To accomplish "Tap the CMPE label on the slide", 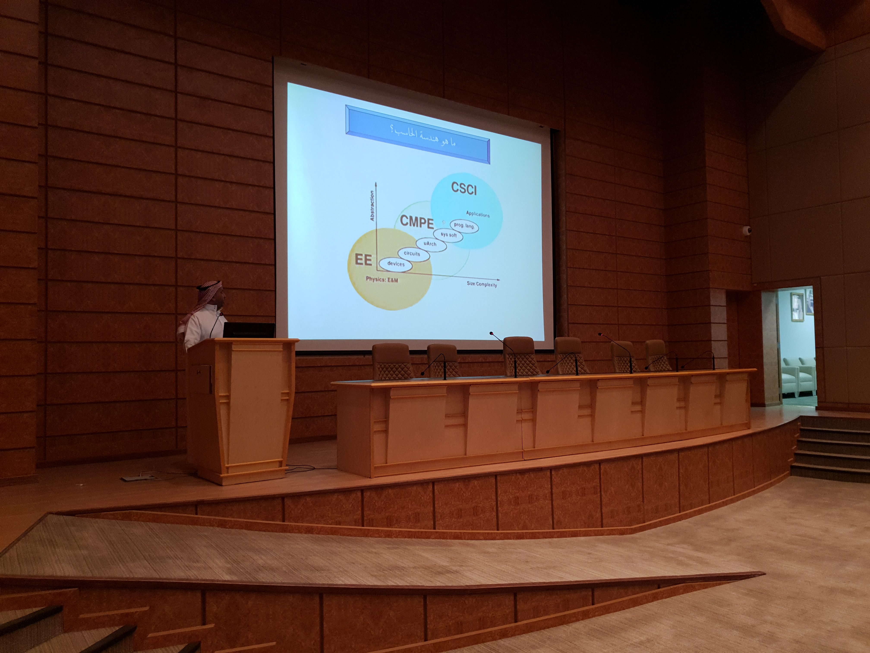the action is [x=417, y=222].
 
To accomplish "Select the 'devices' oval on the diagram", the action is [x=396, y=264].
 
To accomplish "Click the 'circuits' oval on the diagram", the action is [x=412, y=254].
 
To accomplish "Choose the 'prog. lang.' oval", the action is [x=464, y=225].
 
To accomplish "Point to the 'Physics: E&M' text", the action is [x=382, y=279].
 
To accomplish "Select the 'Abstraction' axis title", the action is [x=372, y=205].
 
